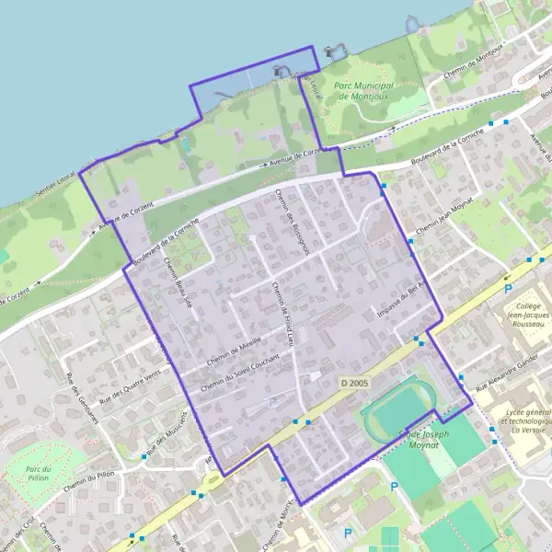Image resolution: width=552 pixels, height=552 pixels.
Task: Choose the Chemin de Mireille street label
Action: pyautogui.click(x=236, y=349)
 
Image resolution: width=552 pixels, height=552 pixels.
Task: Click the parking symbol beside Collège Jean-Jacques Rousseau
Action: pyautogui.click(x=507, y=289)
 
